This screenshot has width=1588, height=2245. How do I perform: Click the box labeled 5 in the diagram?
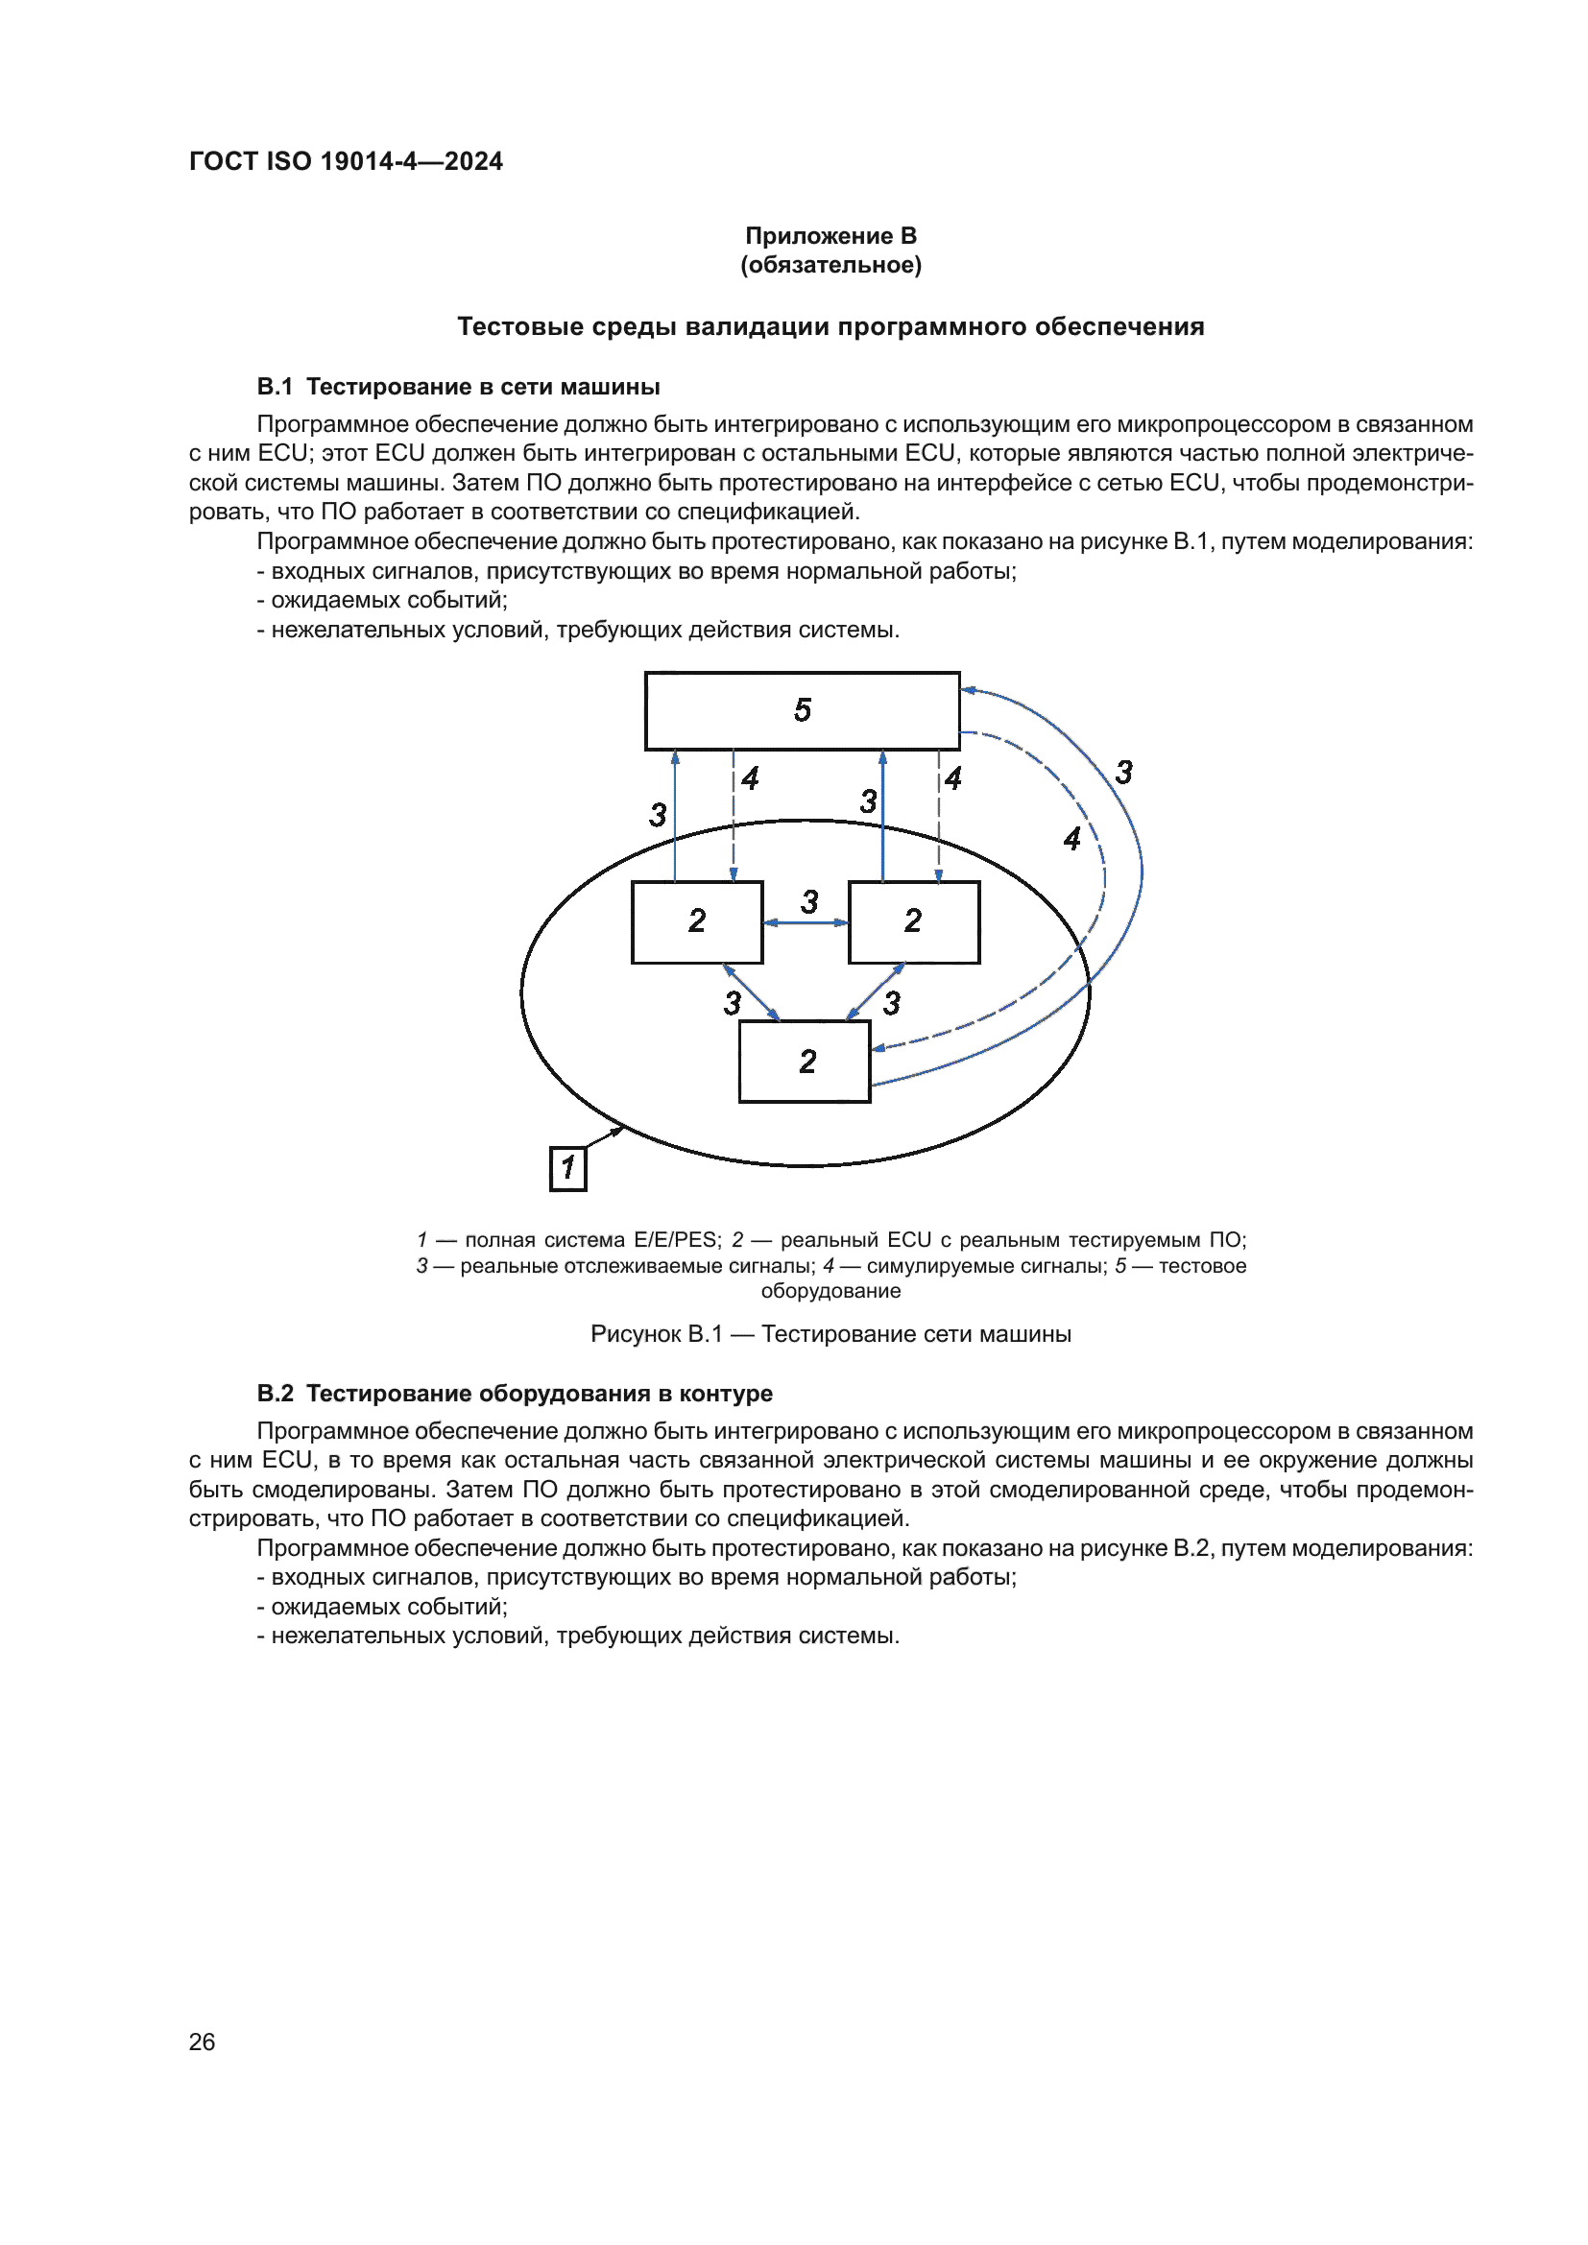(x=802, y=711)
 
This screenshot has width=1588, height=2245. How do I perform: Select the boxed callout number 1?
(x=568, y=1168)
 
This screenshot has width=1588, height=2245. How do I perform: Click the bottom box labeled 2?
(x=805, y=1062)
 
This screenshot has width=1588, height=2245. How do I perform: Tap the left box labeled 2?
(x=696, y=922)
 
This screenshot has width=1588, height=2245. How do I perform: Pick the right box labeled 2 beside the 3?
(x=913, y=922)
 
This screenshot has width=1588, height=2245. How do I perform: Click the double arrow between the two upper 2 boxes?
(x=806, y=922)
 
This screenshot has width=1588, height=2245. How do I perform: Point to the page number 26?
(x=202, y=2042)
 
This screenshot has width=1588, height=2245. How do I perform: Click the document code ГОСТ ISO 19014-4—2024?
(x=346, y=161)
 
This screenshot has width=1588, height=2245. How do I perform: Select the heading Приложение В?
(x=830, y=236)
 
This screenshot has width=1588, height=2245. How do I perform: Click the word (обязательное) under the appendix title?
(x=830, y=265)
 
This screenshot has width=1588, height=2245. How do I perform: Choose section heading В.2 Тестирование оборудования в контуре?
(x=515, y=1394)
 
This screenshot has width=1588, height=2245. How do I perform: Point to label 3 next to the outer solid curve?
(x=1123, y=773)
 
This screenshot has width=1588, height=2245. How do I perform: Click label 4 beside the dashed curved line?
(x=1071, y=839)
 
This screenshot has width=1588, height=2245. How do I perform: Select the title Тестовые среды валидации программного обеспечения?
(x=830, y=326)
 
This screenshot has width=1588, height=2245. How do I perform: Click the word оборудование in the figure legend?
(x=830, y=1291)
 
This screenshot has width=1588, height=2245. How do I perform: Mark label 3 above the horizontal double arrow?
(x=809, y=901)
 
